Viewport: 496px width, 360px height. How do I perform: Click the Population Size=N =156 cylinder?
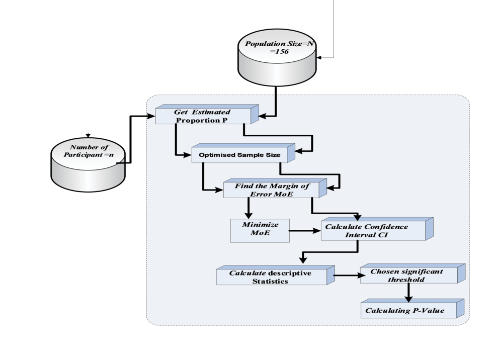278,58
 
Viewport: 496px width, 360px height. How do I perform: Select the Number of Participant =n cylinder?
88,161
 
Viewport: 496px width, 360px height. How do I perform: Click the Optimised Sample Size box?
239,155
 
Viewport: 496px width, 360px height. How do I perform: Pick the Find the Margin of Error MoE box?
272,190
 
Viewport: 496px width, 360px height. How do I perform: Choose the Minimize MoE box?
260,230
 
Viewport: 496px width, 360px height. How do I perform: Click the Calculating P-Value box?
408,310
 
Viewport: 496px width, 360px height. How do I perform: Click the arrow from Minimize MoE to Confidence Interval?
305,231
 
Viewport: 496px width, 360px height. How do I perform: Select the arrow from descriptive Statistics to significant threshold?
347,276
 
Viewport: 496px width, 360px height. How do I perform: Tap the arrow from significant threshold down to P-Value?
408,293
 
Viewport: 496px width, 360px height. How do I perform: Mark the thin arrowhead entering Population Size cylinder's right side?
320,58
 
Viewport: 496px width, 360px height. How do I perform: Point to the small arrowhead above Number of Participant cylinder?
88,135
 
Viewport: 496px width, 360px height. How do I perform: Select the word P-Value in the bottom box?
429,311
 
